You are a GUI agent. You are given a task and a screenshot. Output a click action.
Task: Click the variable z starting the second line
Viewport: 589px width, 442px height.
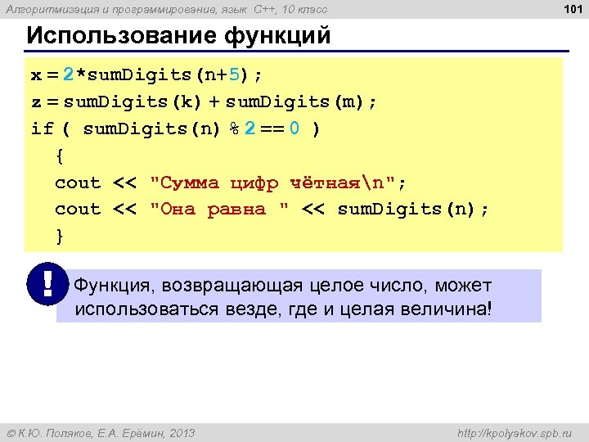coord(36,102)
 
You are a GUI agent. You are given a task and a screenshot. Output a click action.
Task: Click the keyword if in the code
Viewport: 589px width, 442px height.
coord(42,129)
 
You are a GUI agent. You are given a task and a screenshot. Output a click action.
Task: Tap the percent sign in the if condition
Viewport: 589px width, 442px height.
coord(233,129)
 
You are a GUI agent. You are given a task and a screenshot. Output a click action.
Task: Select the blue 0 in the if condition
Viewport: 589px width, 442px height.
coord(294,129)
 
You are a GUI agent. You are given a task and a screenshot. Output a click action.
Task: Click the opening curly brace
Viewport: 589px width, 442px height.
coord(59,156)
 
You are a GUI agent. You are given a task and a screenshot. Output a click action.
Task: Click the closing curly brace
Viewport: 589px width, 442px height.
coord(59,236)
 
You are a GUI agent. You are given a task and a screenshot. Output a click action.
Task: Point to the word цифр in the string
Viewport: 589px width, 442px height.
coord(255,183)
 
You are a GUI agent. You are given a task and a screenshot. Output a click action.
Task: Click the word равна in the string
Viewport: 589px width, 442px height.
coord(237,210)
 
